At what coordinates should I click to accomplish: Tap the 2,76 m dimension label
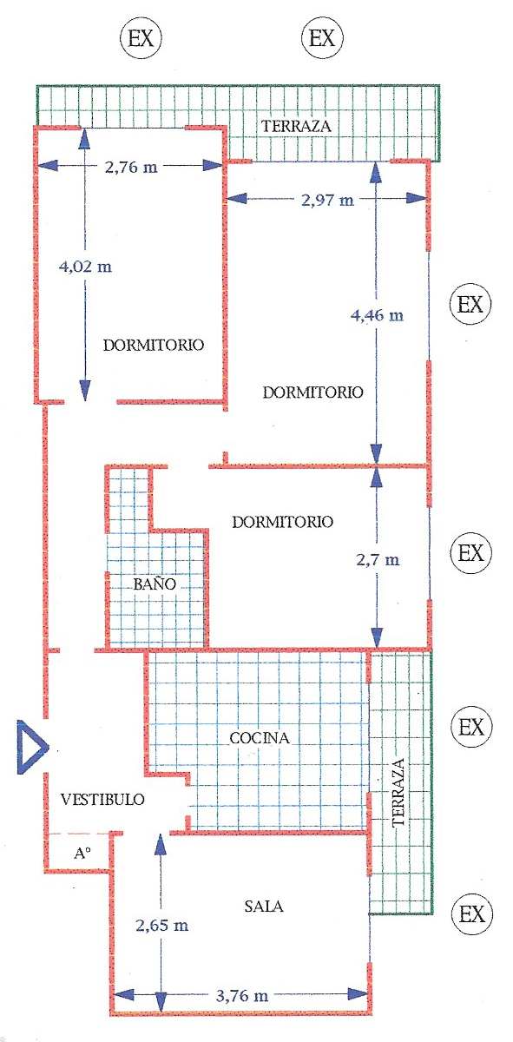click(x=131, y=167)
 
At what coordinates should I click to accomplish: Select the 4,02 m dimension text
click(x=85, y=267)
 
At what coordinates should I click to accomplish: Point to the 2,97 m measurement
click(x=327, y=200)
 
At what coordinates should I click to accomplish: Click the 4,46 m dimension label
click(x=377, y=315)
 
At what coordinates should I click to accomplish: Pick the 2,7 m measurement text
click(x=378, y=559)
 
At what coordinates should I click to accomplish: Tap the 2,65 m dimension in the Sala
click(x=161, y=926)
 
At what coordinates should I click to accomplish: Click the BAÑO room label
click(x=155, y=584)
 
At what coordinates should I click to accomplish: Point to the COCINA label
click(x=260, y=738)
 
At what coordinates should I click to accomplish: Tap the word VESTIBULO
click(x=102, y=800)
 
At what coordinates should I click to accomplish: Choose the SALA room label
click(x=264, y=907)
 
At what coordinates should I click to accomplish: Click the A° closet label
click(x=82, y=853)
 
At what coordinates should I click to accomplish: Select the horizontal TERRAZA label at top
click(x=296, y=126)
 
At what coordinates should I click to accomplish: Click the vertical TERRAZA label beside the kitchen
click(x=398, y=793)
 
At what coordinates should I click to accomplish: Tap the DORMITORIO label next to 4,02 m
click(x=153, y=345)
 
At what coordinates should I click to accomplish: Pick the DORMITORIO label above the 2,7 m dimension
click(x=282, y=522)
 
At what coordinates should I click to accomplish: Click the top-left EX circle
click(x=141, y=37)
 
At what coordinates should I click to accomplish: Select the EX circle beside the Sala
click(x=472, y=914)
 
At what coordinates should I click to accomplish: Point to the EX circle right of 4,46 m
click(x=470, y=304)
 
